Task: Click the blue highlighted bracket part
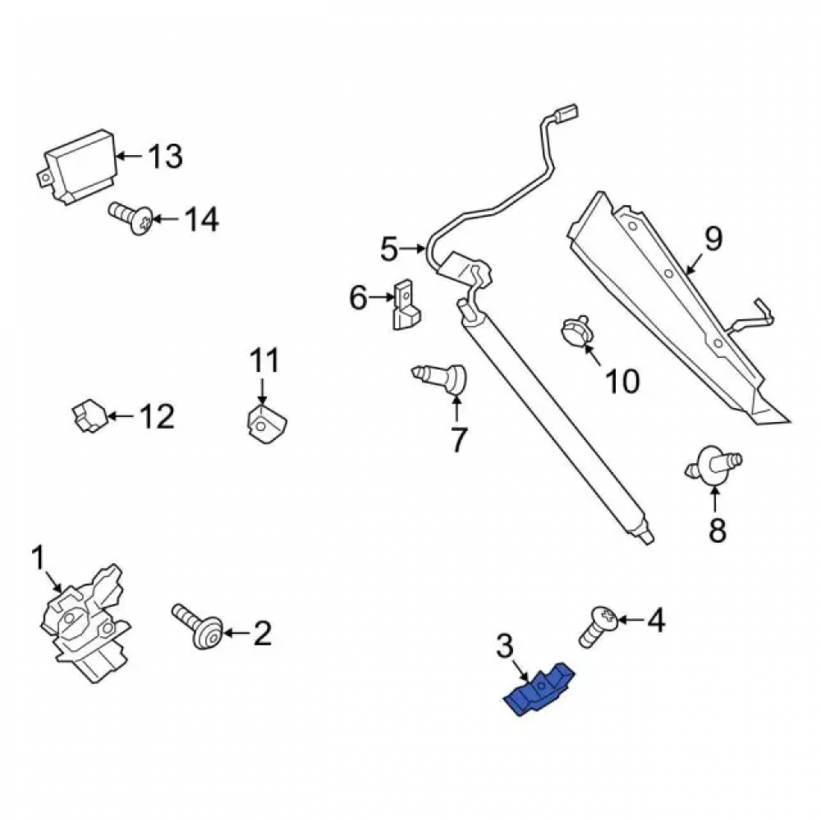[x=539, y=689]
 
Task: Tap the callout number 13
[x=166, y=156]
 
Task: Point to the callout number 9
[x=713, y=239]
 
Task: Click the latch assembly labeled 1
[x=85, y=623]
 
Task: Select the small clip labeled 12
[x=89, y=416]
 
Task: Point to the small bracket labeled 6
[x=406, y=305]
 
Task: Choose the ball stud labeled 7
[x=440, y=378]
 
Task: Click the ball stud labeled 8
[x=713, y=463]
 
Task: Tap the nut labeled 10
[x=576, y=332]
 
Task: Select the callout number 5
[x=389, y=250]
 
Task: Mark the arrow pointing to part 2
[x=237, y=633]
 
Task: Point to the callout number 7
[x=458, y=440]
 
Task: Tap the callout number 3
[x=504, y=646]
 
